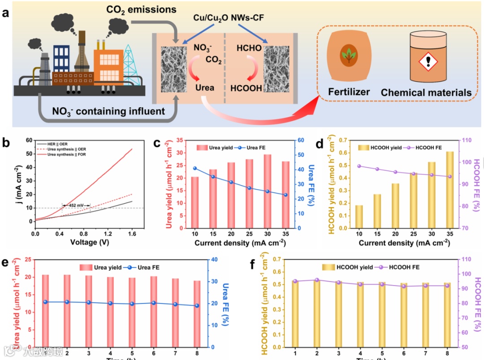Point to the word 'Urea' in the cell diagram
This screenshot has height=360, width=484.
coord(204,87)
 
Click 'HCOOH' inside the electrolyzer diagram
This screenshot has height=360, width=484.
coord(246,88)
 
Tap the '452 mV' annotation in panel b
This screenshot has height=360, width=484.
coord(76,205)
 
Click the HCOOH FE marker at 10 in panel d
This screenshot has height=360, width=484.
coord(359,166)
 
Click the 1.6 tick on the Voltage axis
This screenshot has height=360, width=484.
coord(132,234)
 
